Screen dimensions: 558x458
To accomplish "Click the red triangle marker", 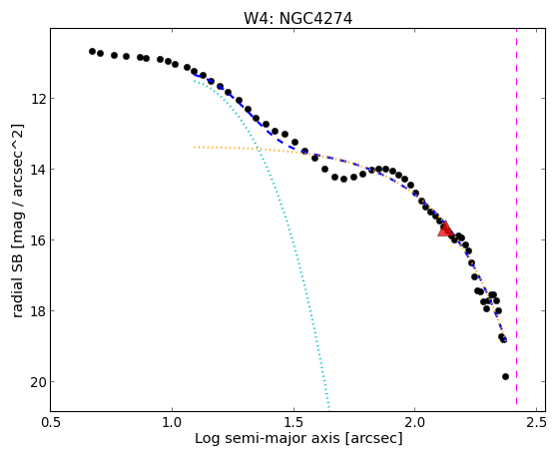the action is coord(445,229).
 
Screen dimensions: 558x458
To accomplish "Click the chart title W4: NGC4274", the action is coord(297,19).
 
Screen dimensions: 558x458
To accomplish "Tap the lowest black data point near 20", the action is coord(505,376).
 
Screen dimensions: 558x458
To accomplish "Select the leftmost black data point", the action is coord(92,51).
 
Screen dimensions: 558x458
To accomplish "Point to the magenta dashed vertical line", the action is coord(516,217).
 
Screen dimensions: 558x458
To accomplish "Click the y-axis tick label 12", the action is coord(39,98).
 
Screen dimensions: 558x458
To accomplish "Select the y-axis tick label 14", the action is coord(39,169).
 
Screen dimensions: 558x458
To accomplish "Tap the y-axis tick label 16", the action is coord(39,239).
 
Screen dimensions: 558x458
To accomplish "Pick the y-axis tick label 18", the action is coord(39,310).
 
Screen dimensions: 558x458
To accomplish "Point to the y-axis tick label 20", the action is coord(39,382).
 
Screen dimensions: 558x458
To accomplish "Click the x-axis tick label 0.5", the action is coord(51,422).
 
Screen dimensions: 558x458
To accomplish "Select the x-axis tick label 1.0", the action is coord(172,422).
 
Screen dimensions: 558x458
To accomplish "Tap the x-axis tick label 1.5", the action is coord(293,422).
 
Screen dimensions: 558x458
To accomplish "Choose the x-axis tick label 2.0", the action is coord(415,422).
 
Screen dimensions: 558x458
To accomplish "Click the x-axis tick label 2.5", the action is coord(536,422).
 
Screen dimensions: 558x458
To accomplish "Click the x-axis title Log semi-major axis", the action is coord(267,438).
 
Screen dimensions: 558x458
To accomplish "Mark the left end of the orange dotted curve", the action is coord(195,147).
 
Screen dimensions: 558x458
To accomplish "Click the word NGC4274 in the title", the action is coord(315,19).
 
